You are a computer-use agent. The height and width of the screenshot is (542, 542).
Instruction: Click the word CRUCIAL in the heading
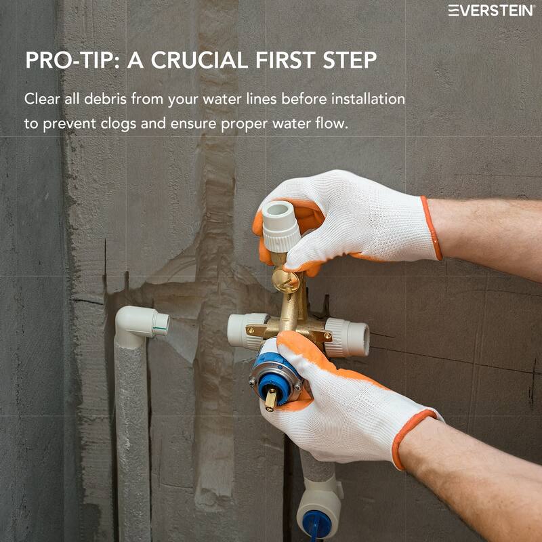[199, 60]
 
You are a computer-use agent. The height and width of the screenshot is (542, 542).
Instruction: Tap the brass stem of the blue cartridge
[270, 399]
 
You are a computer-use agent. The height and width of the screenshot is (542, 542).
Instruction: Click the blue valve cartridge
[274, 375]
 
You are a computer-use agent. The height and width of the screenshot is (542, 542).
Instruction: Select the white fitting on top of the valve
[280, 226]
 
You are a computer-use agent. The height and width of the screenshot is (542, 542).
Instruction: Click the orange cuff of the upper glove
[432, 228]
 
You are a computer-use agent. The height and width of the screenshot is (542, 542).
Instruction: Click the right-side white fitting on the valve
[347, 337]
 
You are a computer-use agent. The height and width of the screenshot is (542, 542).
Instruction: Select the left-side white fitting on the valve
[247, 331]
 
